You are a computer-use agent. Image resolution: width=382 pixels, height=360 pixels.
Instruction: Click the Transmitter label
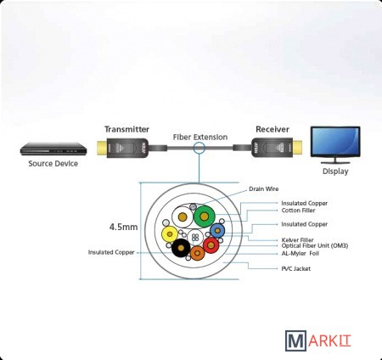(126, 129)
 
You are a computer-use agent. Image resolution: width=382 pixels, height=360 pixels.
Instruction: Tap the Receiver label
(272, 129)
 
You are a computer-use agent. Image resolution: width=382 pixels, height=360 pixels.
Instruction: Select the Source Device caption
(53, 164)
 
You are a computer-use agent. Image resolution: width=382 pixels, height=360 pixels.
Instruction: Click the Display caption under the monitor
(335, 172)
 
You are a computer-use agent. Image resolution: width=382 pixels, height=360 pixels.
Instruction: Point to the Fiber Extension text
(200, 138)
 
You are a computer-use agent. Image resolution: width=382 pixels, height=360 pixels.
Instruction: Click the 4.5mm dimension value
(124, 227)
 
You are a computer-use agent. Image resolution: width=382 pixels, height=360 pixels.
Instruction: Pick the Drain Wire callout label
(264, 188)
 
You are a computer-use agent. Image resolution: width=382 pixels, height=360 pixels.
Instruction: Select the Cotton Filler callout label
(298, 211)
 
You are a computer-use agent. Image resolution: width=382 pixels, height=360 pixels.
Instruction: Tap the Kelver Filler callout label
(297, 240)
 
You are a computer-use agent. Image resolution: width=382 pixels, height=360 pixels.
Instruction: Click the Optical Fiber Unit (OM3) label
(315, 245)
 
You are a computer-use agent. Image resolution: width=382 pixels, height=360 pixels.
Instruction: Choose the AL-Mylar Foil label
(301, 253)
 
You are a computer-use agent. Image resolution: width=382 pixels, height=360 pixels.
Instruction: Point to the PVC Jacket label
(295, 268)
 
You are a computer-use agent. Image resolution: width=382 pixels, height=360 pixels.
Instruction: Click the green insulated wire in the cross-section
(204, 217)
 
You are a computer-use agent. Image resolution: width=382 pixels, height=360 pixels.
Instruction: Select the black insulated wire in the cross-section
(181, 248)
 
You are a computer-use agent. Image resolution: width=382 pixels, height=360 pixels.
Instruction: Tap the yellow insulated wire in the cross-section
(170, 234)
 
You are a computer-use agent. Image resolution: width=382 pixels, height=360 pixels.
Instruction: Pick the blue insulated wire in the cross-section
(217, 230)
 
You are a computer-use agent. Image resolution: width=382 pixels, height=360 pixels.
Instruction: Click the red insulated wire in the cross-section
(211, 245)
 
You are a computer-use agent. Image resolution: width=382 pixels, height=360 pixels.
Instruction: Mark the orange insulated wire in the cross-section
(198, 253)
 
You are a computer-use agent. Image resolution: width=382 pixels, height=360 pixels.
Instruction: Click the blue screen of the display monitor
(335, 141)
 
